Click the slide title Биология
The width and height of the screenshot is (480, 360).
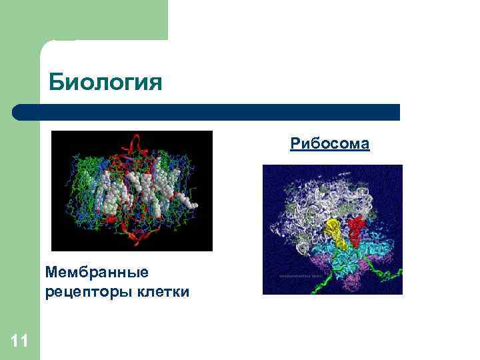click(105, 83)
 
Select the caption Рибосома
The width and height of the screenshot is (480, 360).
click(329, 143)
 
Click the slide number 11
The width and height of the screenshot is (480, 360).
click(19, 342)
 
